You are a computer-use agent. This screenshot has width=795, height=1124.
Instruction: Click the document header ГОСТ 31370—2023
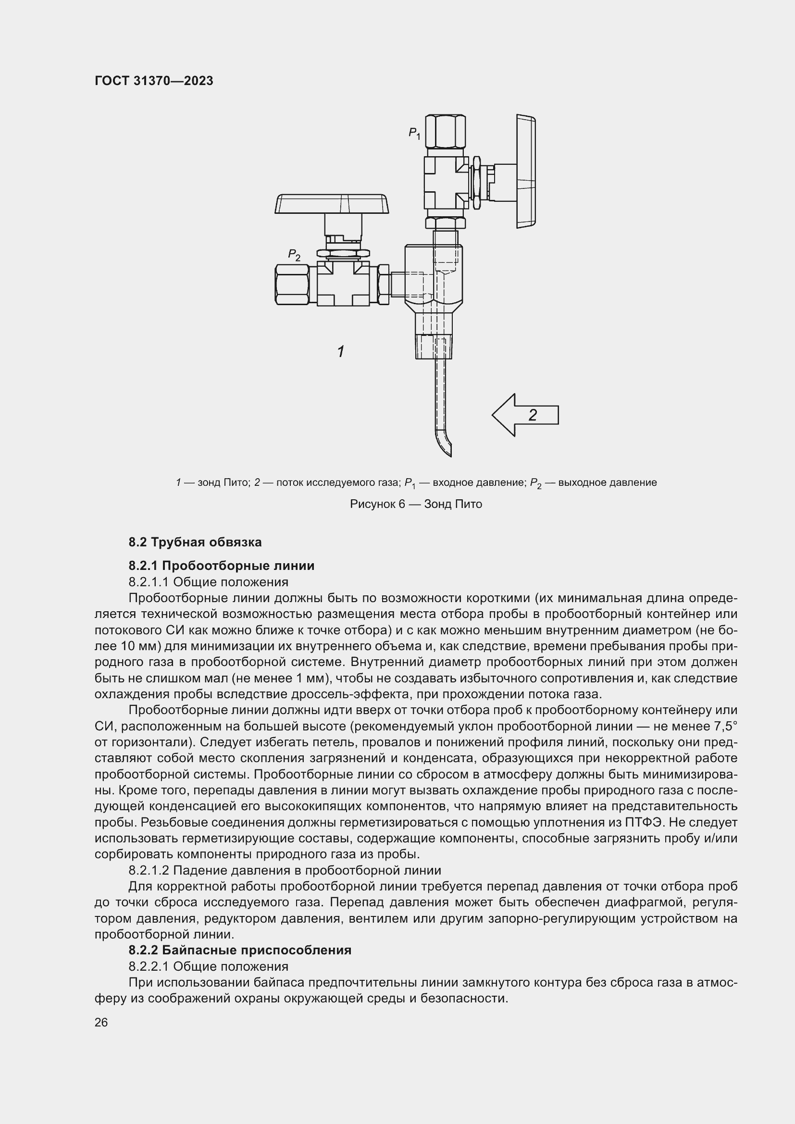[154, 81]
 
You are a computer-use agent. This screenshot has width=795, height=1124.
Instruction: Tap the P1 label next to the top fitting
[414, 133]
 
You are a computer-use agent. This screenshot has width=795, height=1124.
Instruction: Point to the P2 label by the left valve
[294, 255]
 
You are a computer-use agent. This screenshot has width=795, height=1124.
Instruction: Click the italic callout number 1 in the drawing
[341, 351]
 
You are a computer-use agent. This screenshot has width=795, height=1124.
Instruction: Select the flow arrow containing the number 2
[525, 415]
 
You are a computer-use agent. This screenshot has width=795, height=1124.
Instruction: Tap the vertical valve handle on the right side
[525, 172]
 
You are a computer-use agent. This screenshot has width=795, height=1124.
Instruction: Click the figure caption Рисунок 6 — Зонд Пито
[416, 504]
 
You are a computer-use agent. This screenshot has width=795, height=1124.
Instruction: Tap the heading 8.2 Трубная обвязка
[195, 542]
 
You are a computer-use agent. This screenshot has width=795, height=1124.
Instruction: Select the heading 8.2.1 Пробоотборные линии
[221, 566]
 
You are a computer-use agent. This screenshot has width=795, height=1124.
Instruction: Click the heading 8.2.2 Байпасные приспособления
[240, 950]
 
